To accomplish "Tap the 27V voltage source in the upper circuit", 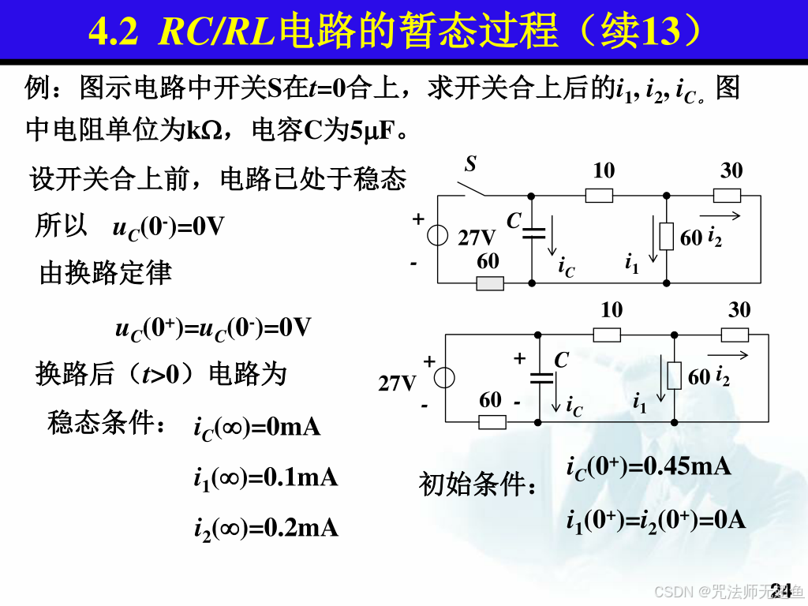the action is pos(437,237).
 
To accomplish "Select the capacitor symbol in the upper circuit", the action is pos(533,232).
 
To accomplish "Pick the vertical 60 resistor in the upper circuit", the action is pos(667,237).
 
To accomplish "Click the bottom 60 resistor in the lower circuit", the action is pos(492,421).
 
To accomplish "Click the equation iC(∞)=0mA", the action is pos(257,428).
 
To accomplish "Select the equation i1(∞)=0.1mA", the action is pos(266,478).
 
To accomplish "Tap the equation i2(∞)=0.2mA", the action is pos(266,528).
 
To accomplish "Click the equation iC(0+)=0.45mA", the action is pos(649,467).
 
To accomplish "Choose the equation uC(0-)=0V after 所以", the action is pos(169,228).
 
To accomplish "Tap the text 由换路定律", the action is pos(106,273).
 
